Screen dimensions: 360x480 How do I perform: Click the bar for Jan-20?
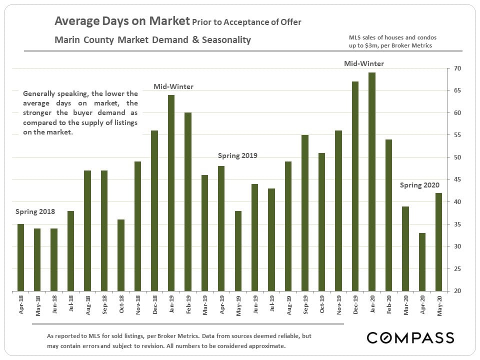(372, 182)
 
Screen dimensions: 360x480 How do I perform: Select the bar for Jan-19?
(171, 193)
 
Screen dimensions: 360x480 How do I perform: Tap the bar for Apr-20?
(422, 261)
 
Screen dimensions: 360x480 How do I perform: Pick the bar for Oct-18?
(121, 255)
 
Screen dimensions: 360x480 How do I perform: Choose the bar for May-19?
(238, 250)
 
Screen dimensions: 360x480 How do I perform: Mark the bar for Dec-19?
(355, 186)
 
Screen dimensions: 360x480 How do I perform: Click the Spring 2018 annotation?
(35, 211)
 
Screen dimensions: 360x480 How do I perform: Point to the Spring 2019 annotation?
(237, 155)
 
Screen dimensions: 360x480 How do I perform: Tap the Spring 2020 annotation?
(419, 185)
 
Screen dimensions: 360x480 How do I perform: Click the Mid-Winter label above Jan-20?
(364, 63)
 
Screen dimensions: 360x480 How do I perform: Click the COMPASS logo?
(410, 337)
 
